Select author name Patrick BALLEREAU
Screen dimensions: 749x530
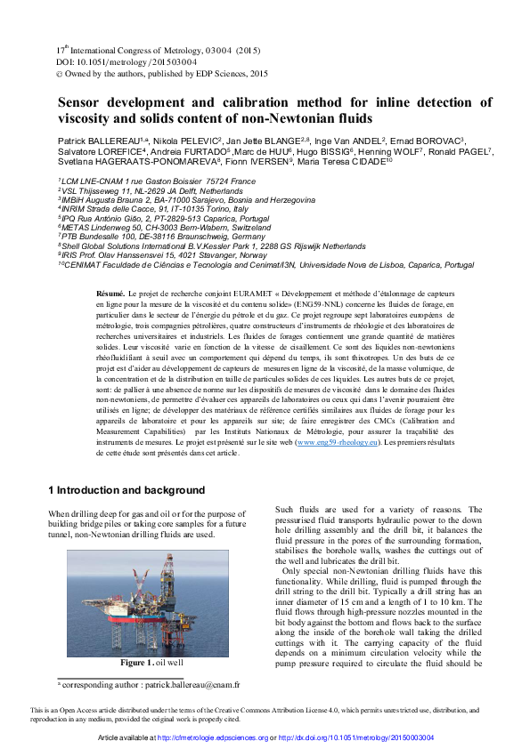(95, 141)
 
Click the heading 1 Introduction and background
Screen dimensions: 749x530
(126, 490)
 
